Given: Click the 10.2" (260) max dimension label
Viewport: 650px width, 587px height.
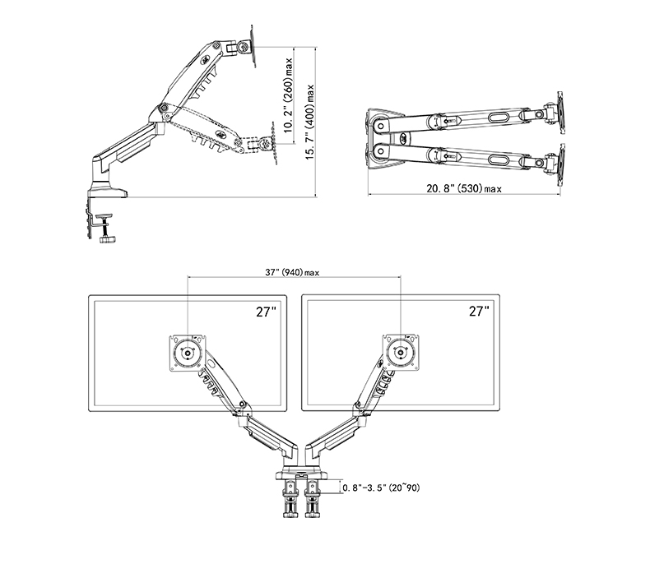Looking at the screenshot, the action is pyautogui.click(x=289, y=95).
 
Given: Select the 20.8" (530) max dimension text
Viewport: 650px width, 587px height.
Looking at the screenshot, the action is pyautogui.click(x=464, y=188).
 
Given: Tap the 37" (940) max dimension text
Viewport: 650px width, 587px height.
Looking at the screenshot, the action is pyautogui.click(x=292, y=272).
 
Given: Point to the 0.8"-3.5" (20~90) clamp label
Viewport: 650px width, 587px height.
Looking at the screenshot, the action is pyautogui.click(x=381, y=488).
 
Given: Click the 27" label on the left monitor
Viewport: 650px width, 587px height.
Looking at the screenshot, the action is pyautogui.click(x=266, y=311).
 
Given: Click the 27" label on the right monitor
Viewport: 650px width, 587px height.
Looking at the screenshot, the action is pyautogui.click(x=479, y=311).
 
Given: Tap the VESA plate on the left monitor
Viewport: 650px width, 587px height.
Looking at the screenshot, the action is pyautogui.click(x=188, y=354).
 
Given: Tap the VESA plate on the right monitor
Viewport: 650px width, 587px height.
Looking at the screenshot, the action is pyautogui.click(x=401, y=354).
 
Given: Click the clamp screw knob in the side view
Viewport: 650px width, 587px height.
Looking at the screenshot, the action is pyautogui.click(x=107, y=239).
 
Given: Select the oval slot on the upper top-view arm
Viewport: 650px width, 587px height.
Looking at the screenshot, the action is pyautogui.click(x=497, y=118).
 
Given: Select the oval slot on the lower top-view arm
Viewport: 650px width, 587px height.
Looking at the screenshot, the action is pyautogui.click(x=497, y=159).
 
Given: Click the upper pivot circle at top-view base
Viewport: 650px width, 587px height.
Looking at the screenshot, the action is pyautogui.click(x=381, y=126).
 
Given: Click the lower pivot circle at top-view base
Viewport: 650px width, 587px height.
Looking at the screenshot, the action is pyautogui.click(x=381, y=150).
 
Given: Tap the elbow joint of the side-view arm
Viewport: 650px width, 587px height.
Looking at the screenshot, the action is pyautogui.click(x=165, y=109).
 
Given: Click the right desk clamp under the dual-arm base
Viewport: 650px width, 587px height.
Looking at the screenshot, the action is pyautogui.click(x=313, y=498).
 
